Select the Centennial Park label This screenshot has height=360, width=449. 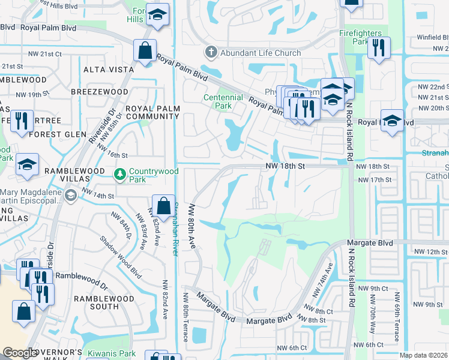[223, 101]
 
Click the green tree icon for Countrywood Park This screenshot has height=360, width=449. [120, 173]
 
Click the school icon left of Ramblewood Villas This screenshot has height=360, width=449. [28, 165]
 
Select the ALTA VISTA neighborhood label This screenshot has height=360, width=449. [109, 70]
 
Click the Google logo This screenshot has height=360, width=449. [20, 353]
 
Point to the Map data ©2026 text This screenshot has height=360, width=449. [424, 355]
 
